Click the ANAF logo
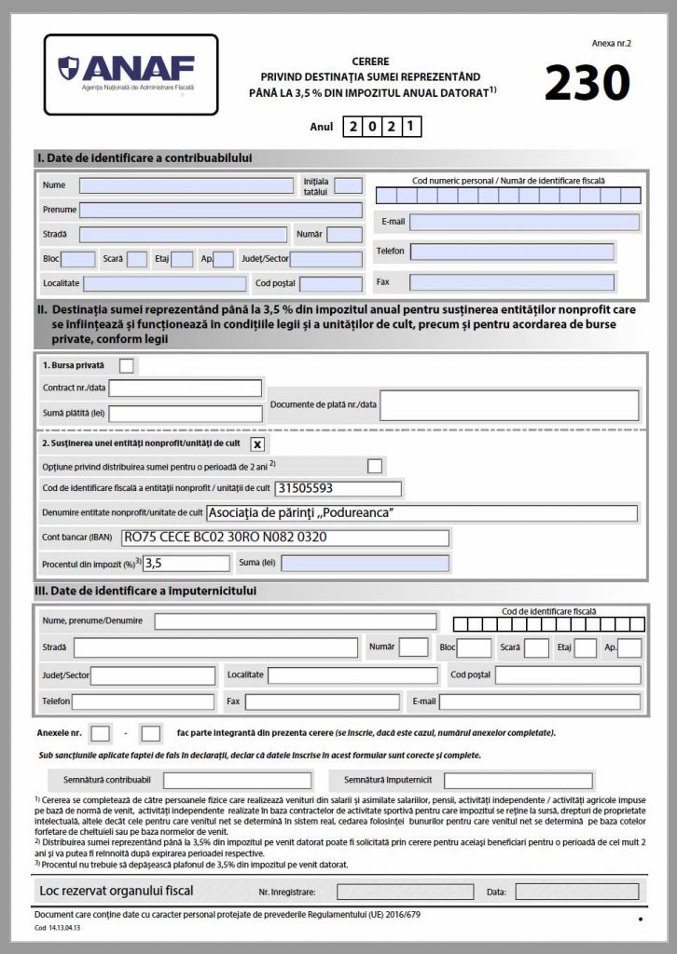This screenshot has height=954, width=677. pos(131,75)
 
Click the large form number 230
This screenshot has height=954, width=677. pos(587,82)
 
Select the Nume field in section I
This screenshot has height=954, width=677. pos(187,185)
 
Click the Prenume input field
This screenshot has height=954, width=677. pos(221,210)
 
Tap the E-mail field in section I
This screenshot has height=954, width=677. pos(524,223)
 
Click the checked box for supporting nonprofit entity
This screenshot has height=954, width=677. pos(257,443)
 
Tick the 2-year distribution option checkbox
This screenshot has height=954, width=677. pos(375,465)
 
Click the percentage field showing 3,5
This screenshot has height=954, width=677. pos(187,563)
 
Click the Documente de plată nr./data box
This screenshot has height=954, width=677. pos(509,405)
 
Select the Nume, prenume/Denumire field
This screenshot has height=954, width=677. pos(295,621)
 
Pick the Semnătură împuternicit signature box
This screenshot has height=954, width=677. pos(518,781)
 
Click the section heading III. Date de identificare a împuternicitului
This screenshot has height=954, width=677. pos(145,591)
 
